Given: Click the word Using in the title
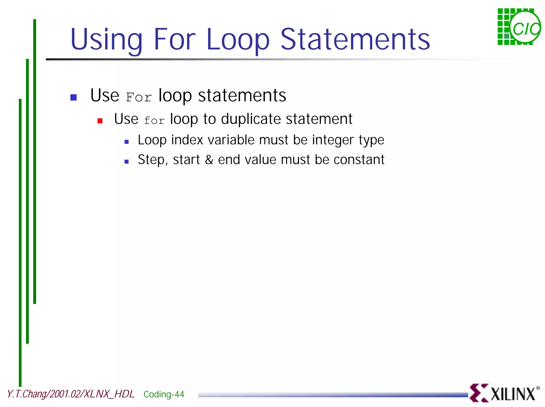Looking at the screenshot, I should coord(106,40).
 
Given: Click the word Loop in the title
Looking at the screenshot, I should coord(238,40).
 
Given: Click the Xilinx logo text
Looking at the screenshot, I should coord(513,394).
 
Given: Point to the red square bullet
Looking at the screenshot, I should coord(100,121).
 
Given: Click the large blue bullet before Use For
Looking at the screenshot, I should coord(73,97).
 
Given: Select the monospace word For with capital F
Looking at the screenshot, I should coord(139,97).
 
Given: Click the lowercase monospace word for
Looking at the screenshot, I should coord(154,121).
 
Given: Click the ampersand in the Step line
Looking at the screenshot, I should coord(209,160).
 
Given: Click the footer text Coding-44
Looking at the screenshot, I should coord(164,394).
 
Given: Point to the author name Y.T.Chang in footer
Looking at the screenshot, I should coord(27,394).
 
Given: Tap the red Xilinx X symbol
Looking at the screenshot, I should coord(478,393).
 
